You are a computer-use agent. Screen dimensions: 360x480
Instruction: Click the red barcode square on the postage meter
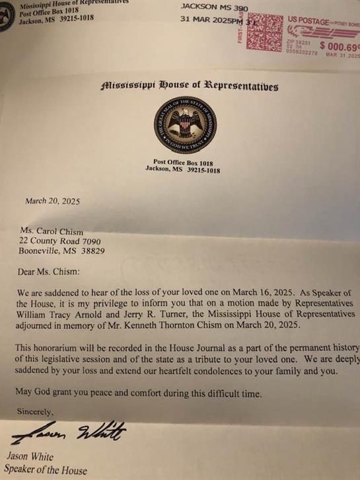coord(264,33)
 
